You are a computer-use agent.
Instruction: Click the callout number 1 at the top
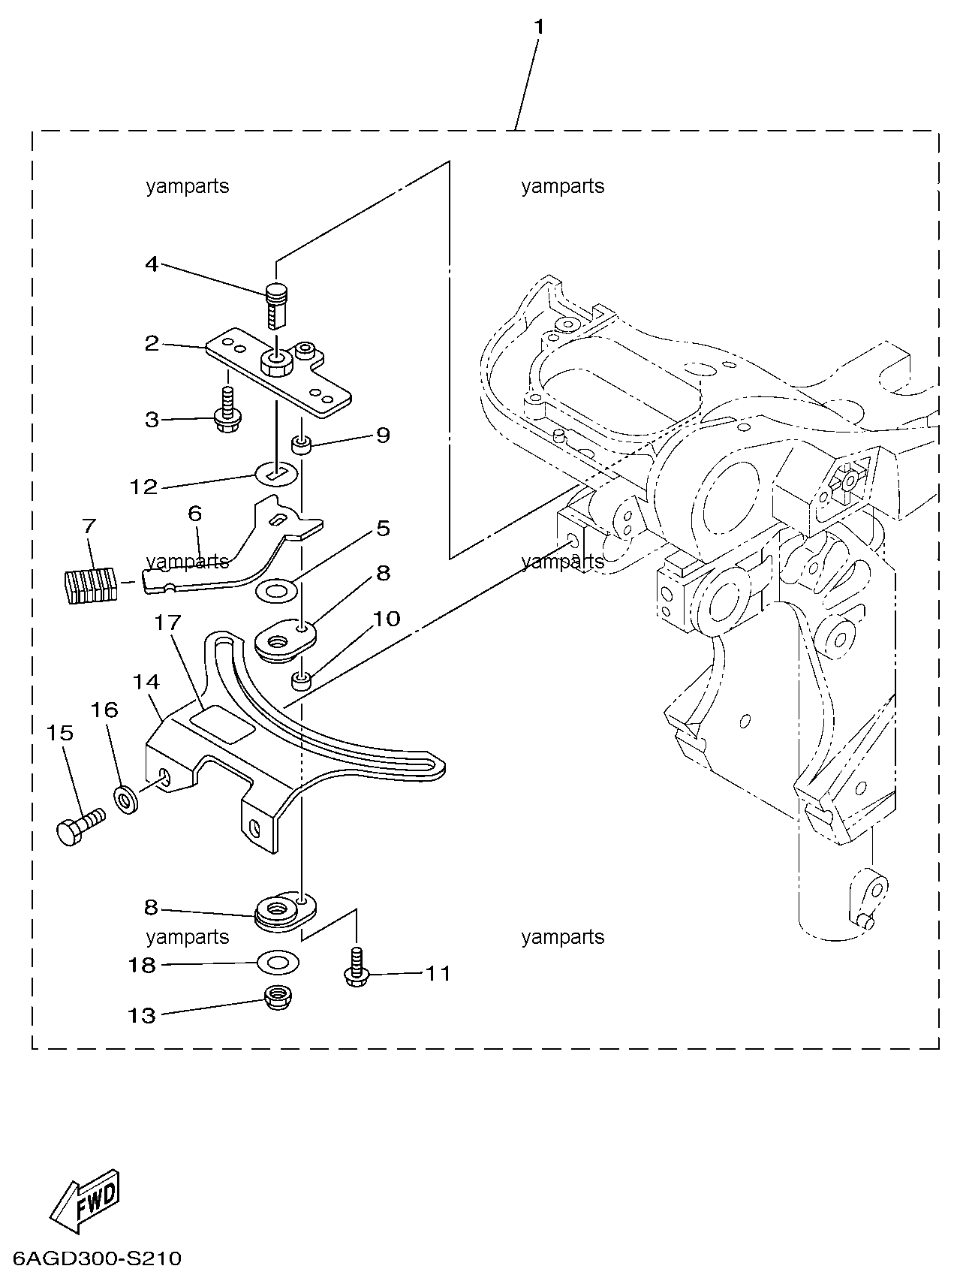(x=538, y=27)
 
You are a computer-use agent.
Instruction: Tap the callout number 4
(x=152, y=264)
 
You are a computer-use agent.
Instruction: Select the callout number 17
(x=168, y=622)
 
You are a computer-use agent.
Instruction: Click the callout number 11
(x=438, y=974)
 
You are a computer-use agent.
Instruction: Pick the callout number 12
(x=144, y=487)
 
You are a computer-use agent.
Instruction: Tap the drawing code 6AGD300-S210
(x=97, y=1258)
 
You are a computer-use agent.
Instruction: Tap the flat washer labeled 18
(x=278, y=962)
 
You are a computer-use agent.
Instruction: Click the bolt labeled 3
(x=227, y=408)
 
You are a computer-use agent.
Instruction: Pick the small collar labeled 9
(x=303, y=446)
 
